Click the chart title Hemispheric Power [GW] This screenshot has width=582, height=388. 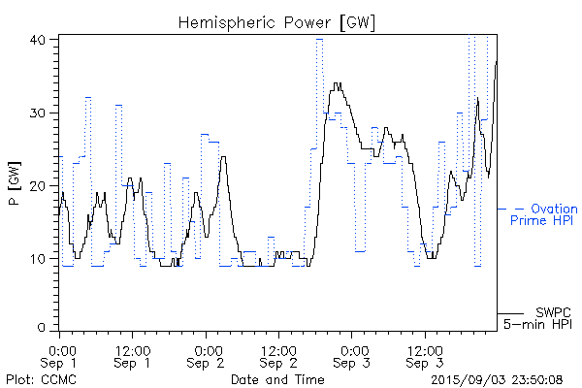coord(277,21)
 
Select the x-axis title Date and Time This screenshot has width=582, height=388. coord(276,379)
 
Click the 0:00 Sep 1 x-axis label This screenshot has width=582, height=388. coord(60,356)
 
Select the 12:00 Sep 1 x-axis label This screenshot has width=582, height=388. coord(132,356)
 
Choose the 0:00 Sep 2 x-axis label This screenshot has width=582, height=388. coord(206,356)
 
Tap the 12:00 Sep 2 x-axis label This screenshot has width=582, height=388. coord(278,356)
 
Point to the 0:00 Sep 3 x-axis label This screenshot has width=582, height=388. coord(351,356)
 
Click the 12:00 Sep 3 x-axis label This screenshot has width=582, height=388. coord(424,356)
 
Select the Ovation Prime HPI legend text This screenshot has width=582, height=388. coord(549,214)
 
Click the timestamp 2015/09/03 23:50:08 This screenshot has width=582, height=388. coord(497,379)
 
